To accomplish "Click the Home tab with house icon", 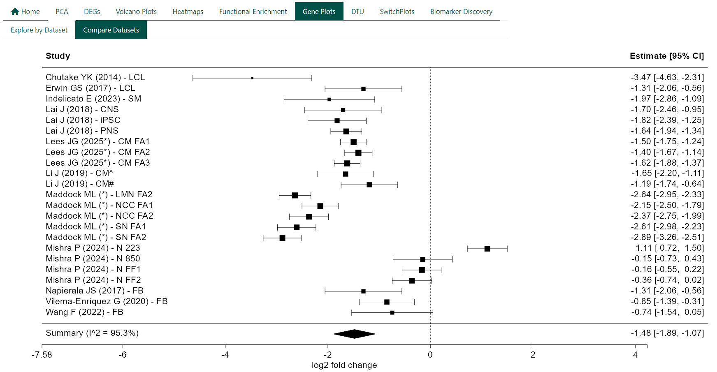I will coord(26,12).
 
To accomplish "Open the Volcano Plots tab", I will coord(136,12).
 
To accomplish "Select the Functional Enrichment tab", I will coord(253,12).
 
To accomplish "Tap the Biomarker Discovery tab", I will coord(461,12).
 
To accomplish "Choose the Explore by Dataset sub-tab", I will coord(39,30).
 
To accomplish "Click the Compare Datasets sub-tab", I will coord(111,30).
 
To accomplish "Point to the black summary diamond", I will coord(354,334).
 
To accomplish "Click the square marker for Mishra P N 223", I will coord(487,249).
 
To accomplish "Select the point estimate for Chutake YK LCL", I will coord(252,78).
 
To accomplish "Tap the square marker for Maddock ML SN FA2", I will coord(282,238).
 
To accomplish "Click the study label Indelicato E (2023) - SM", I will coord(93,99).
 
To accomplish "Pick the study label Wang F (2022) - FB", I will coord(84,312).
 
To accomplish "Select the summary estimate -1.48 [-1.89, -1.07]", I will coord(667,333).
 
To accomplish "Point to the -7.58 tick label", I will coord(42,355).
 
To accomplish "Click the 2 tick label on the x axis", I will coord(533,355).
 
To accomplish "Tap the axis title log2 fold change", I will coord(344,365).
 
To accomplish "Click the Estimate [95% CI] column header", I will coord(666,56).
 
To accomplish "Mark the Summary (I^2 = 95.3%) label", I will coord(92,333).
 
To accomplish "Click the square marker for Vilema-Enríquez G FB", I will coord(387,302).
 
